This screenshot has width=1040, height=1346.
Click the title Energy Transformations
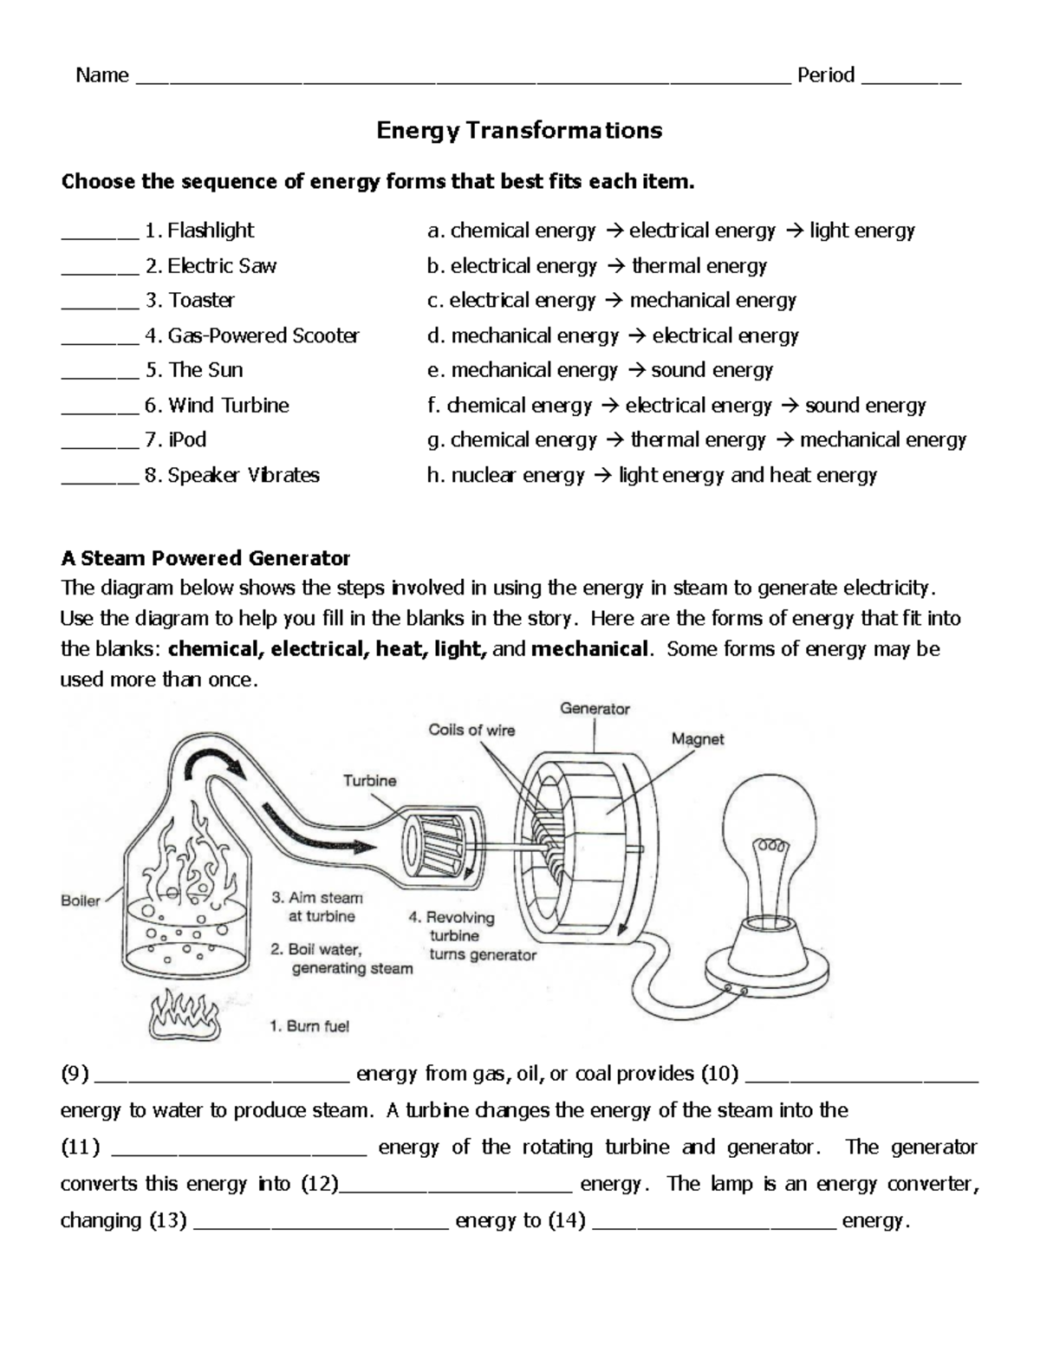coord(518,130)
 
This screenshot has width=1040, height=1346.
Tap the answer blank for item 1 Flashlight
coord(99,232)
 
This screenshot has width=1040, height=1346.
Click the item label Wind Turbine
coord(229,405)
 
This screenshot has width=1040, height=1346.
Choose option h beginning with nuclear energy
coord(652,475)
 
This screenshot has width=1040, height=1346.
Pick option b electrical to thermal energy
coord(596,265)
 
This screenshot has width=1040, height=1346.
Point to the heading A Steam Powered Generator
coord(205,557)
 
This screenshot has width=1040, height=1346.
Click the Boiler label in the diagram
coord(81,901)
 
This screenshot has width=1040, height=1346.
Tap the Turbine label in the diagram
coord(369,780)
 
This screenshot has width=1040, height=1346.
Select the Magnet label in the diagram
coord(697,739)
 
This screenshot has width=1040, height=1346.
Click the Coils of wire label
coord(471,730)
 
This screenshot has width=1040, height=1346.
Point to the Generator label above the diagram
coord(595,708)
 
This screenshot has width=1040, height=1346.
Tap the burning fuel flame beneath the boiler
coord(184,1015)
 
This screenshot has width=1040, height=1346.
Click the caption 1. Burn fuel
coord(309,1026)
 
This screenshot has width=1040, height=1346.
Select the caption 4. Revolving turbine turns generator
coord(472,936)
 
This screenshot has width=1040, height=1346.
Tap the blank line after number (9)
coord(221,1076)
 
